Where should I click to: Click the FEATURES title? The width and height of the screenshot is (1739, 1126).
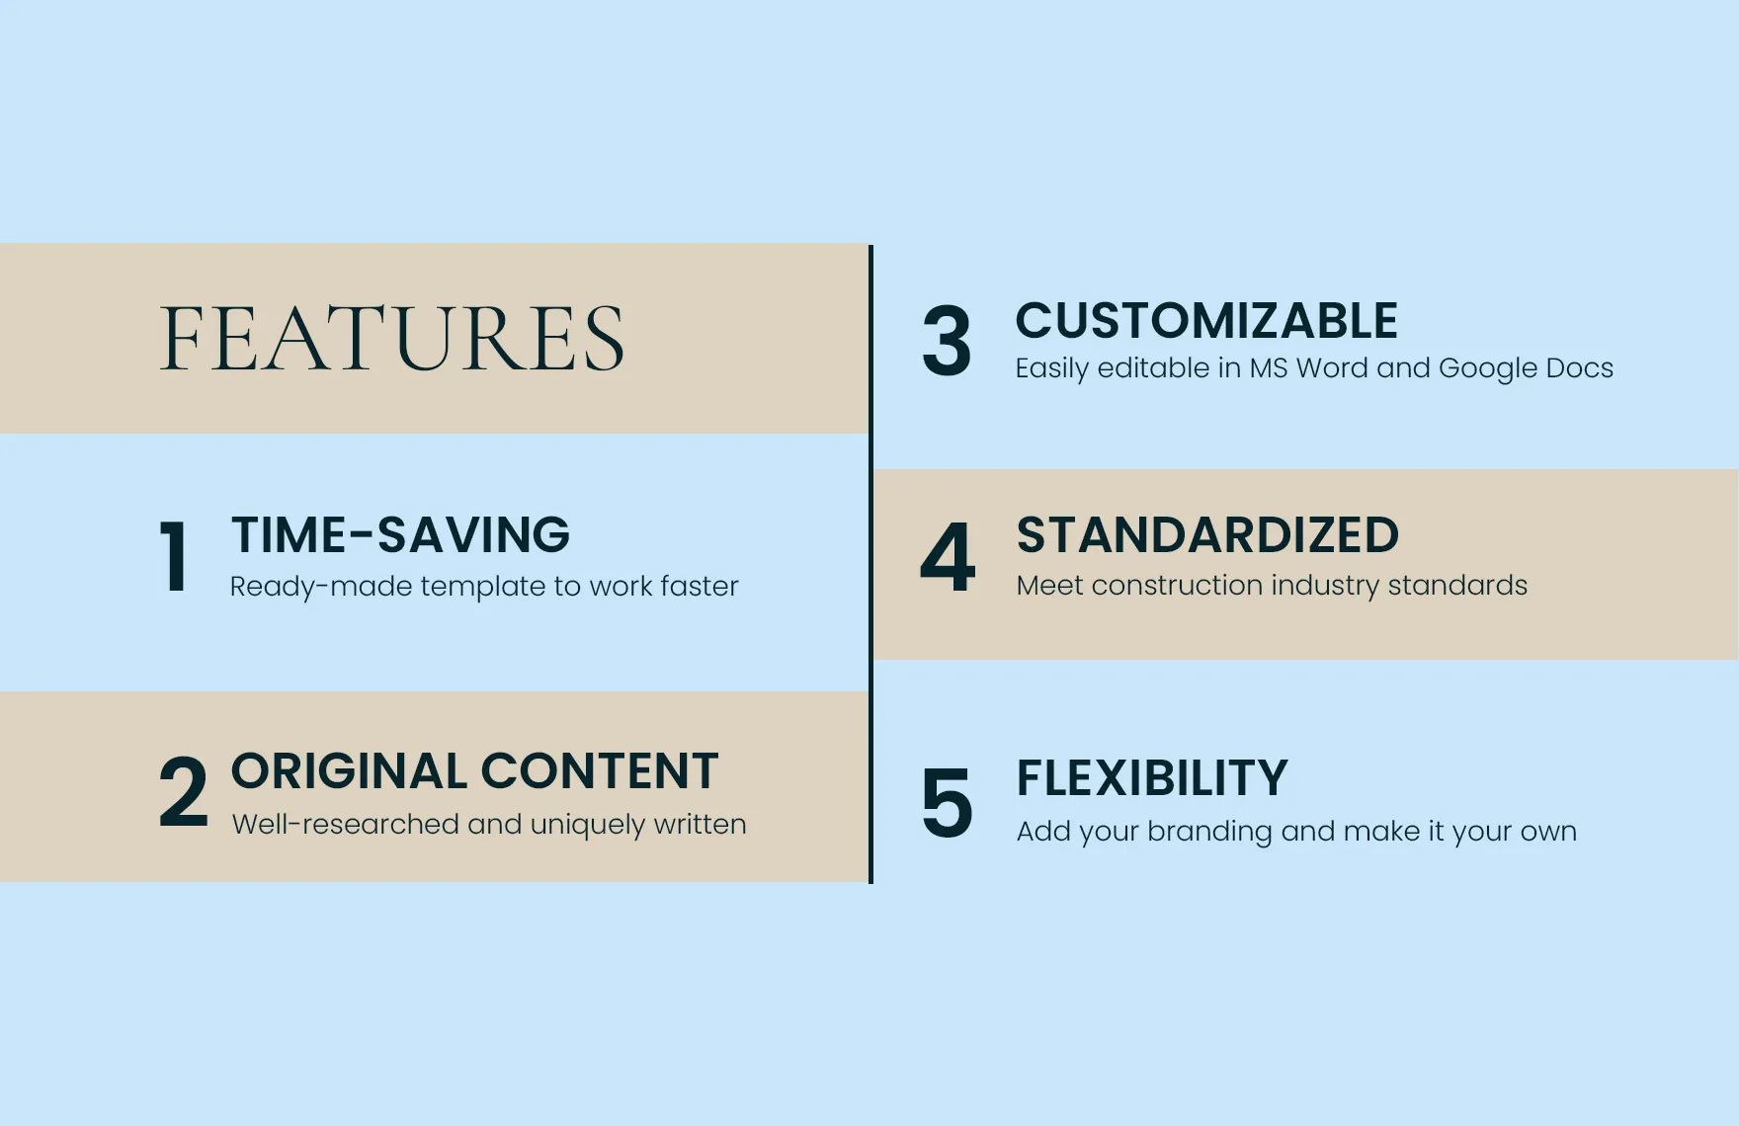tap(392, 338)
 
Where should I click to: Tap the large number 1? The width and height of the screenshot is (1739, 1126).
tap(174, 556)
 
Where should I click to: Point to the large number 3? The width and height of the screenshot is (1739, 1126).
tap(947, 341)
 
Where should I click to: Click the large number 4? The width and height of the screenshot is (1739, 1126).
tap(948, 556)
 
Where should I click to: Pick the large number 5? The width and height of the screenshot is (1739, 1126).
tap(947, 802)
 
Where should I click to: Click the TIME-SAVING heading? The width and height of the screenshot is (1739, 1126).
tap(400, 534)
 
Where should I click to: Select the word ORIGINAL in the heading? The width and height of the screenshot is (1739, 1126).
tap(349, 770)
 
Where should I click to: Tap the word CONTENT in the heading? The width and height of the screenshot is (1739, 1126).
tap(600, 770)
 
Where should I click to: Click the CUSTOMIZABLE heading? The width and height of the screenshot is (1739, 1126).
tap(1206, 320)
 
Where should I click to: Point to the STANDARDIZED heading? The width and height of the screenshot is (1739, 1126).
tap(1207, 534)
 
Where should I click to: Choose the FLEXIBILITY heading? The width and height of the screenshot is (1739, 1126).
tap(1152, 777)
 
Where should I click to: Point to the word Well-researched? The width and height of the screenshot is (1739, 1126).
tap(346, 824)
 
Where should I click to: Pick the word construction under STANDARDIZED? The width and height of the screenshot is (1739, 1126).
tap(1177, 586)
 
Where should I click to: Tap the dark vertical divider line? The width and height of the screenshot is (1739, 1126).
tap(870, 564)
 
